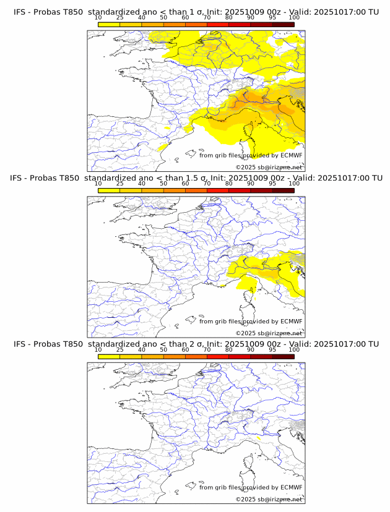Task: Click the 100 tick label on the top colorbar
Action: [294, 17]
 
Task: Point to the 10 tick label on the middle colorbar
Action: [98, 184]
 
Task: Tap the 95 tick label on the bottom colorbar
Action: [272, 349]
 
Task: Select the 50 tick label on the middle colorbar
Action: [163, 184]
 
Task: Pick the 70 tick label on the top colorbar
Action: [207, 17]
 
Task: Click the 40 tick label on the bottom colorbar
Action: [142, 349]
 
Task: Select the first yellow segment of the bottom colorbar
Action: [109, 356]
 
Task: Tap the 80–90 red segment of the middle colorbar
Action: [240, 190]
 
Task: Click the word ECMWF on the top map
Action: [292, 155]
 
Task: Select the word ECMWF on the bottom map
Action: [292, 487]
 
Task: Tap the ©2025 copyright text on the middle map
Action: [269, 333]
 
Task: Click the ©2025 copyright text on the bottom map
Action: [269, 499]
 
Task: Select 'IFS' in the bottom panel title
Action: [20, 344]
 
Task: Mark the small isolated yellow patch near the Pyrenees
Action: [163, 147]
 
